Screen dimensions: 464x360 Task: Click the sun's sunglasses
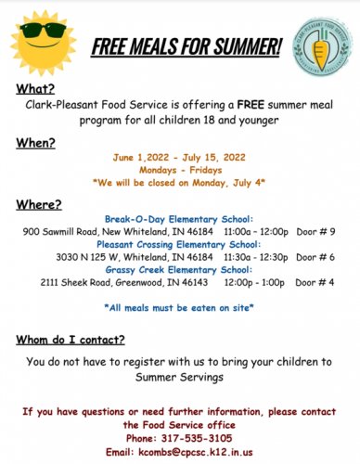tap(40, 34)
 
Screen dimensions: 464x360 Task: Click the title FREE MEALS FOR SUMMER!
tap(187, 45)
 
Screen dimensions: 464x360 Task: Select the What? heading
tap(34, 89)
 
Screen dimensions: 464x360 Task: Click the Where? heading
tap(39, 203)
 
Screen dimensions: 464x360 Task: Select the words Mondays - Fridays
tap(180, 172)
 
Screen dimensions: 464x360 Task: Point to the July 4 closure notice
tap(180, 185)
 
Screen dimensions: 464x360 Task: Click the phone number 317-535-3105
tap(180, 437)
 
